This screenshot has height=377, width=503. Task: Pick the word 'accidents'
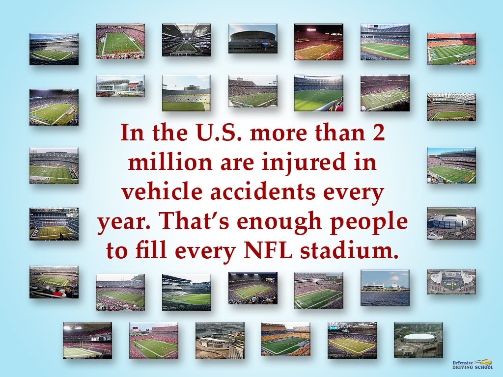coord(268,192)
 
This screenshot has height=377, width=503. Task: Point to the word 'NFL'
coord(269,251)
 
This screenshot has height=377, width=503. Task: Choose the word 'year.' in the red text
coord(124,223)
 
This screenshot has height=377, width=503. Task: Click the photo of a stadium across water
coord(385,288)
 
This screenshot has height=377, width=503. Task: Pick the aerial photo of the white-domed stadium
coord(418,340)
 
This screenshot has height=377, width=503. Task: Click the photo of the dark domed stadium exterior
coord(252,38)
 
